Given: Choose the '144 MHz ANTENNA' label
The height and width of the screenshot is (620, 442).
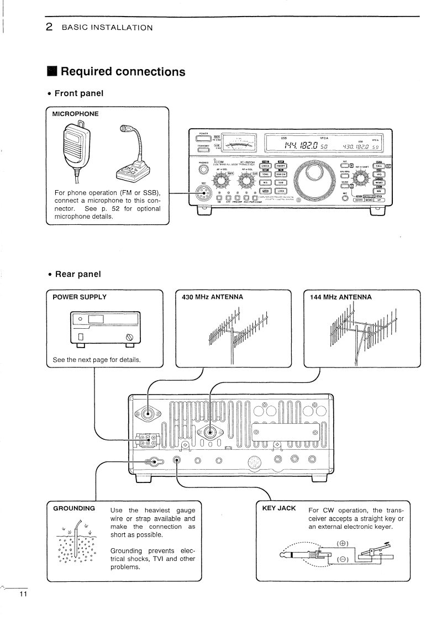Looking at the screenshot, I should point(341,297).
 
